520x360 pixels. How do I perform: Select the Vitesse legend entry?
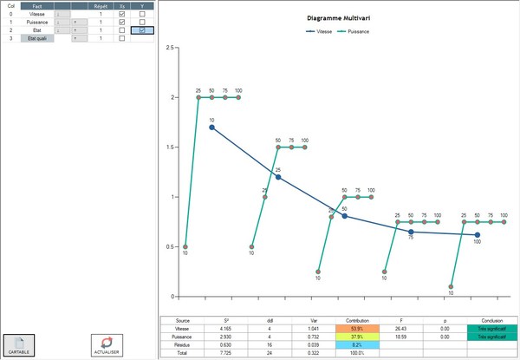click(322, 31)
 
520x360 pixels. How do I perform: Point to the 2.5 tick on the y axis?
click(171, 48)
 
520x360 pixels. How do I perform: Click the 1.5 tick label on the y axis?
click(171, 147)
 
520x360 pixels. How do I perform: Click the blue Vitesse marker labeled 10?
click(211, 128)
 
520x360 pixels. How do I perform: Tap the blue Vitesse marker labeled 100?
click(478, 234)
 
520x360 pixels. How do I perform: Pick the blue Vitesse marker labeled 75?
click(411, 232)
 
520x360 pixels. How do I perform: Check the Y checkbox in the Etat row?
click(142, 30)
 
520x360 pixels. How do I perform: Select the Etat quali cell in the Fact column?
click(36, 38)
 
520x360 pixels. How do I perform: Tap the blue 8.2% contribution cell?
click(357, 345)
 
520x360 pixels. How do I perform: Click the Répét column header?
click(101, 5)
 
